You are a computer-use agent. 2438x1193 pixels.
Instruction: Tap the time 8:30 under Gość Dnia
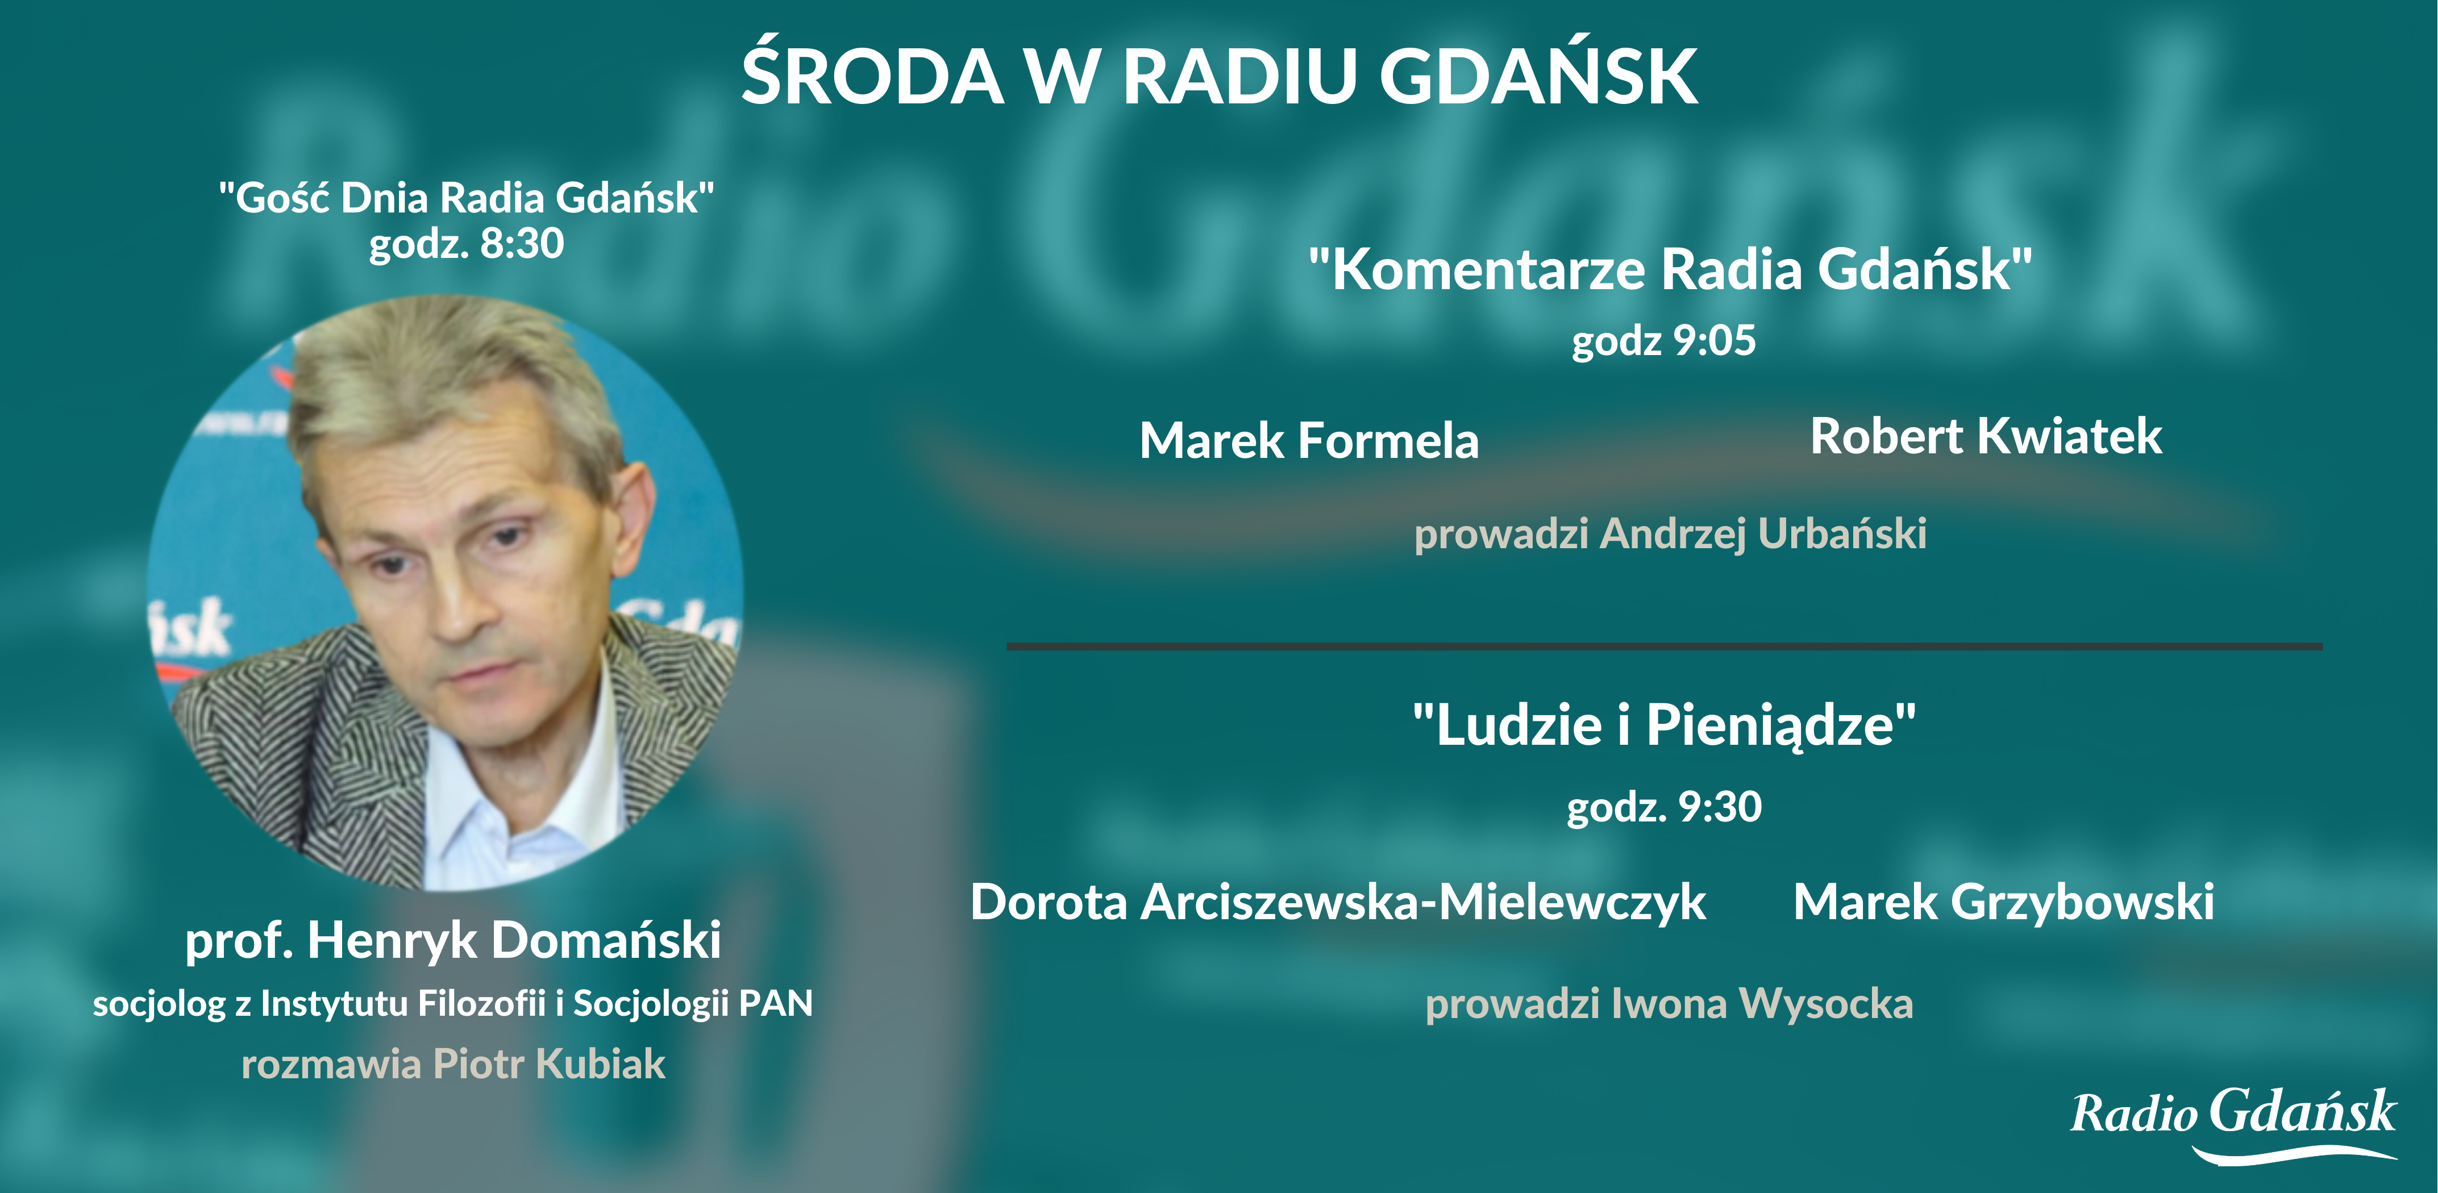click(x=522, y=243)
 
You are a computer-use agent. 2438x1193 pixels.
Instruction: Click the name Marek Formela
click(x=1309, y=441)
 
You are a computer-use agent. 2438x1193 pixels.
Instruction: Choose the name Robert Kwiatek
click(x=1986, y=436)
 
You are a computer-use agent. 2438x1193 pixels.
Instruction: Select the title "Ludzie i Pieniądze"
click(x=1665, y=725)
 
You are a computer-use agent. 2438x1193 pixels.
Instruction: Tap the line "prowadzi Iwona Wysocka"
click(x=1670, y=1004)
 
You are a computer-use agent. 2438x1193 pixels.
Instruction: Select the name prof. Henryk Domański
click(x=454, y=940)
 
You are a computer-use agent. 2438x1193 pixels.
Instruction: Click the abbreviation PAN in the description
click(x=776, y=1003)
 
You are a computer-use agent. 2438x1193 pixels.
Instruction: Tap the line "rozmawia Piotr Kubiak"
click(x=454, y=1065)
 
